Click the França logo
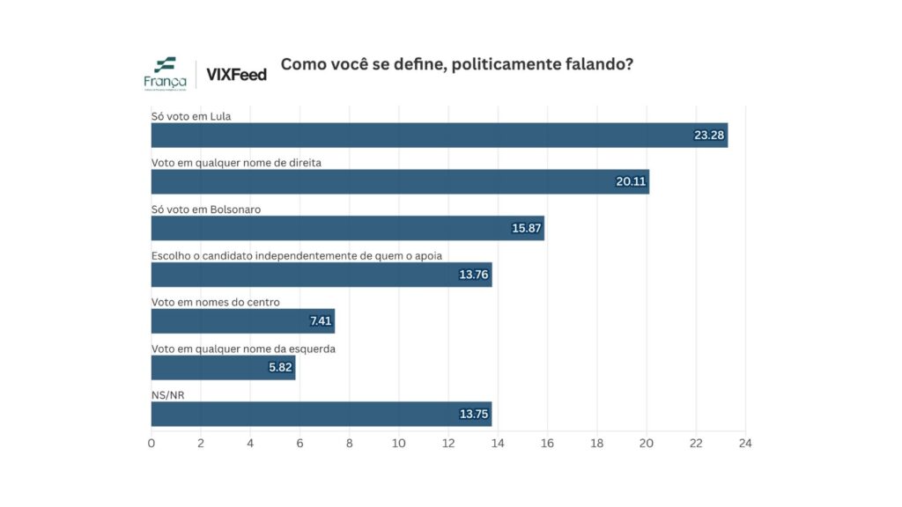click(165, 73)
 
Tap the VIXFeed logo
click(236, 75)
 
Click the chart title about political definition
click(456, 64)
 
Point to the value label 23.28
click(709, 136)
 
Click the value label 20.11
click(631, 182)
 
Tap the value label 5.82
click(279, 368)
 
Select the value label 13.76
click(474, 275)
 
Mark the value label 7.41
click(319, 321)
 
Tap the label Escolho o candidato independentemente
click(296, 255)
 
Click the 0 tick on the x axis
click(152, 442)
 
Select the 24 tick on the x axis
click(745, 442)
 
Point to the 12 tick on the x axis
click(448, 442)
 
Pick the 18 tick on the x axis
click(597, 442)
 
